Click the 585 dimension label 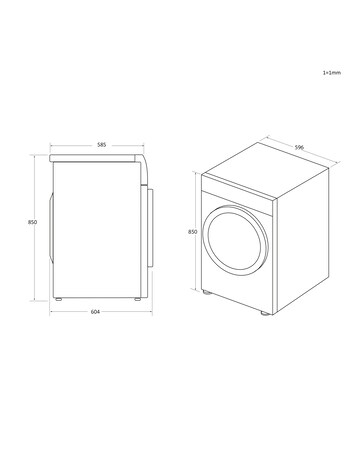101,145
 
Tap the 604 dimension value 95,312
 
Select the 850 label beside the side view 32,222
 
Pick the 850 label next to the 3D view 193,232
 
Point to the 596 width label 299,147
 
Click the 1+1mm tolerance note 332,72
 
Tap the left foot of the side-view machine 59,299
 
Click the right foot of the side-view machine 137,299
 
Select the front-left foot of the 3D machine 207,293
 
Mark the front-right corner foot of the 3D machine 265,313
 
